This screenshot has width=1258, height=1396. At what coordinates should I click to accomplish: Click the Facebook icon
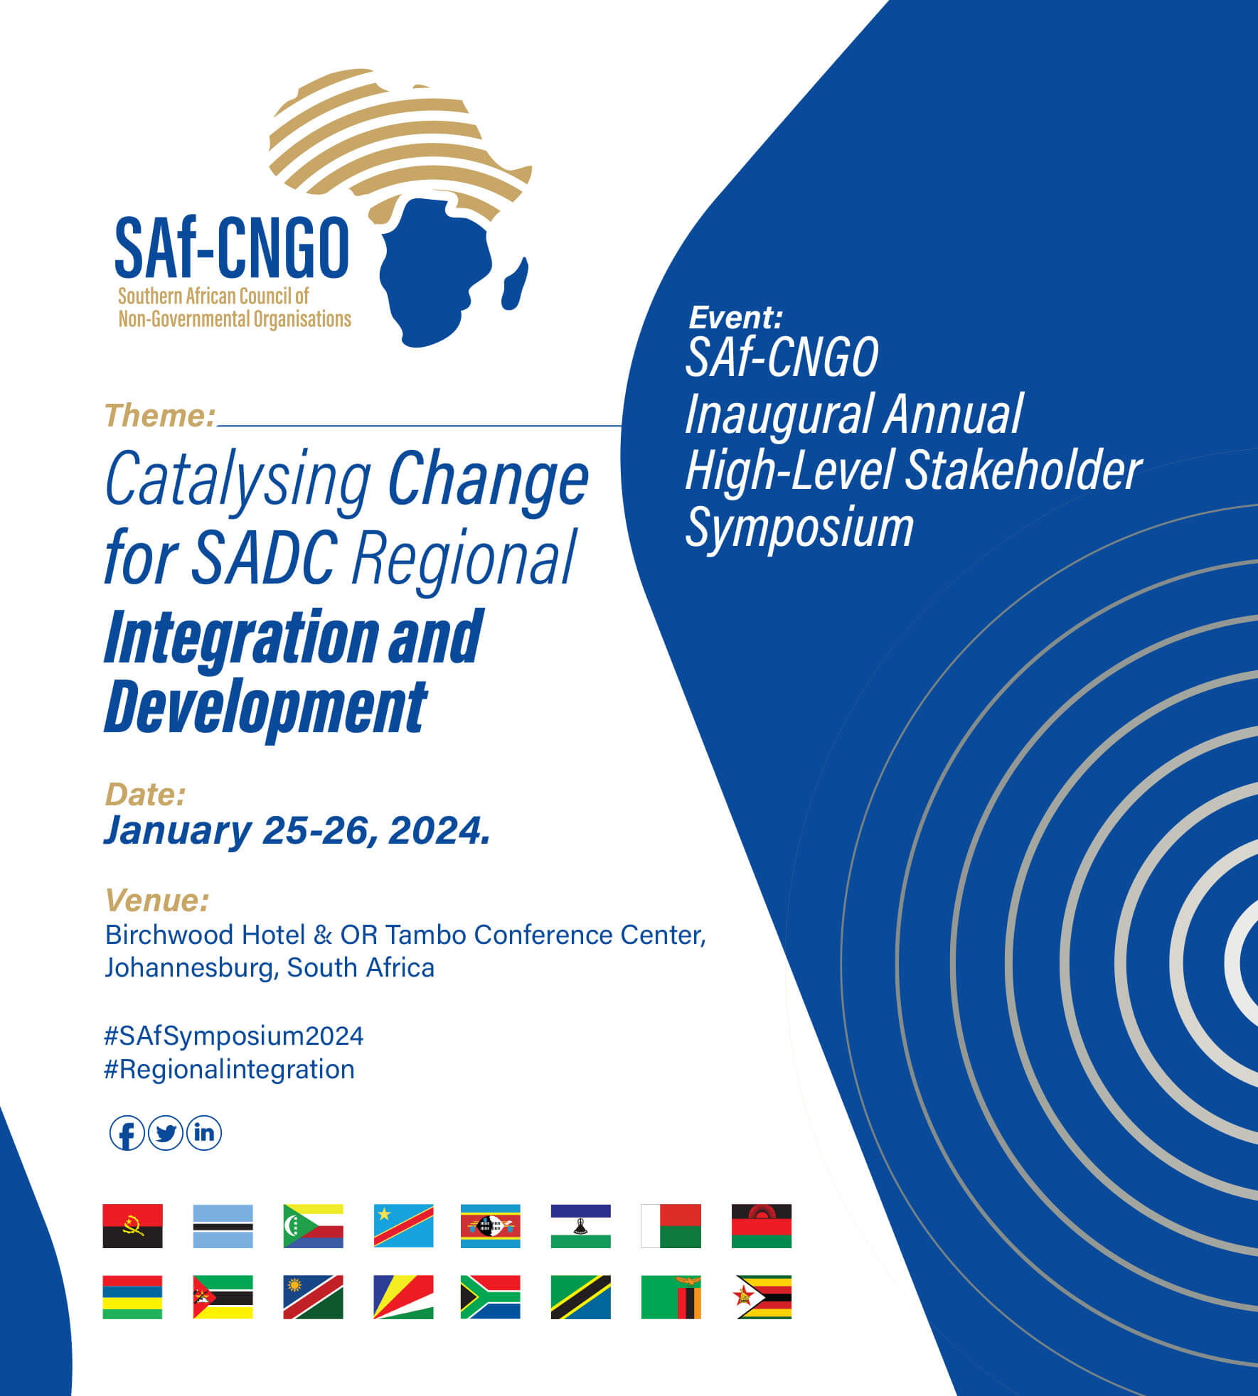pyautogui.click(x=127, y=1133)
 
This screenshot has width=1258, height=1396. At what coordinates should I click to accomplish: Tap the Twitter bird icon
pyautogui.click(x=166, y=1133)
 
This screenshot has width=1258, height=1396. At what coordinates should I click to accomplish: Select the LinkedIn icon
pyautogui.click(x=204, y=1133)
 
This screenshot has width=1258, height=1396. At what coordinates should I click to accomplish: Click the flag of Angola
pyautogui.click(x=132, y=1226)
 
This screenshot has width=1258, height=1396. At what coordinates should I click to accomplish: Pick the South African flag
pyautogui.click(x=490, y=1297)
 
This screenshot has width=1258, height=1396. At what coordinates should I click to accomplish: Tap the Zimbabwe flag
pyautogui.click(x=762, y=1297)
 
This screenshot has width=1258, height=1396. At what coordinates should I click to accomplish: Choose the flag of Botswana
pyautogui.click(x=223, y=1226)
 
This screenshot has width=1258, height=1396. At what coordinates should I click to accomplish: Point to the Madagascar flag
pyautogui.click(x=671, y=1226)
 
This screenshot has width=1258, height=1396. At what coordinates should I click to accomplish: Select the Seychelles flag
pyautogui.click(x=403, y=1297)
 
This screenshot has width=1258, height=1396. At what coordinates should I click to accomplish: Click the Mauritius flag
pyautogui.click(x=132, y=1297)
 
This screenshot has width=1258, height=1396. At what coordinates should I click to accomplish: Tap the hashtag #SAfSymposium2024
pyautogui.click(x=234, y=1036)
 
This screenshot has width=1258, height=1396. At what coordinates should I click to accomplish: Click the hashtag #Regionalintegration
pyautogui.click(x=229, y=1069)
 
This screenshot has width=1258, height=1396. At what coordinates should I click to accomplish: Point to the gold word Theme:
pyautogui.click(x=160, y=416)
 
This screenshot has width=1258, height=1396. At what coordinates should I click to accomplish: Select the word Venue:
pyautogui.click(x=157, y=900)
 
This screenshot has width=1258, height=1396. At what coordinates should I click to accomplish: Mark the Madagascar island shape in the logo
pyautogui.click(x=515, y=284)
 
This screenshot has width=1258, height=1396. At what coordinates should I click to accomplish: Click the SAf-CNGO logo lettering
pyautogui.click(x=232, y=248)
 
